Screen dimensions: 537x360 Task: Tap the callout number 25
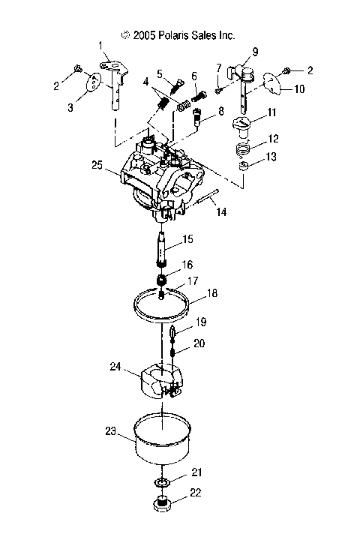point(96,164)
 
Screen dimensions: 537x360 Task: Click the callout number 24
point(115,367)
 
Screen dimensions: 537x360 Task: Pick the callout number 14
point(221,214)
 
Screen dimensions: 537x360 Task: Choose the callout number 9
point(255,52)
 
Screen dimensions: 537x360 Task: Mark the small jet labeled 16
point(162,280)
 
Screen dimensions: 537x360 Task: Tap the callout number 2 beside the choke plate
point(310,70)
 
